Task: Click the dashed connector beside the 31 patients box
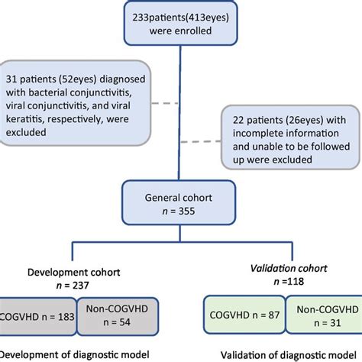point(166,103)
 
